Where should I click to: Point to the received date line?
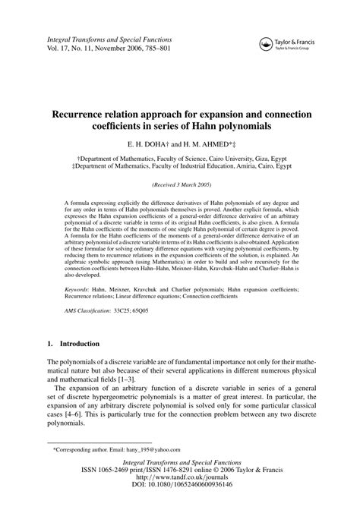[180, 184]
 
